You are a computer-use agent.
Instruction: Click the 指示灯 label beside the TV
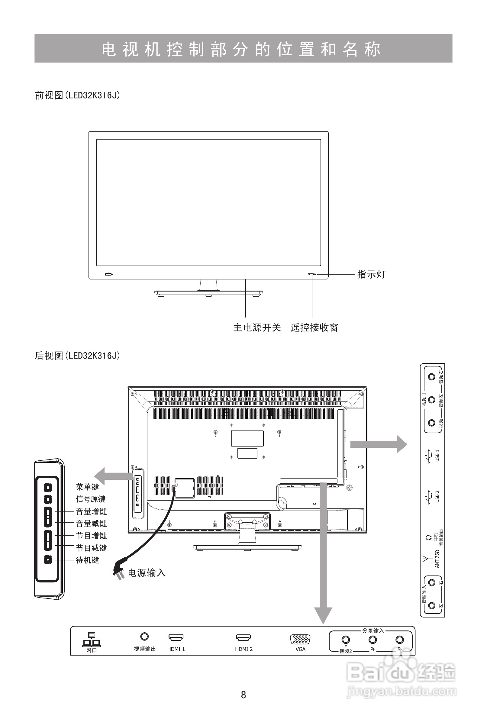(x=371, y=274)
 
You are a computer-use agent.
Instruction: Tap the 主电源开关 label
(x=257, y=327)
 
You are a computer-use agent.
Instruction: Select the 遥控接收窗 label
(x=314, y=327)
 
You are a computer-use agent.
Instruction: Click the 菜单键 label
(x=87, y=487)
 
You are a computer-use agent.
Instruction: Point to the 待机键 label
(x=87, y=560)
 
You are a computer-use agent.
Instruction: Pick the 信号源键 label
(x=91, y=499)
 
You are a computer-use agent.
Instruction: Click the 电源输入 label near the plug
(x=147, y=573)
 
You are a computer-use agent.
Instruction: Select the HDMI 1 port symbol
(x=176, y=637)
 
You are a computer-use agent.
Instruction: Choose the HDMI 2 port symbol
(x=243, y=637)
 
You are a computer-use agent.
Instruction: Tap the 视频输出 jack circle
(x=144, y=637)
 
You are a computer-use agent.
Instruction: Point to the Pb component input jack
(x=373, y=639)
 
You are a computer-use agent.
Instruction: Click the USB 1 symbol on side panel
(x=429, y=457)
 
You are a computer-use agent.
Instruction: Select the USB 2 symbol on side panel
(x=429, y=497)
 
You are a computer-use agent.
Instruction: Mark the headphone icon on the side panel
(x=428, y=538)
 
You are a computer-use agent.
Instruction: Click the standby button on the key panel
(x=48, y=560)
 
